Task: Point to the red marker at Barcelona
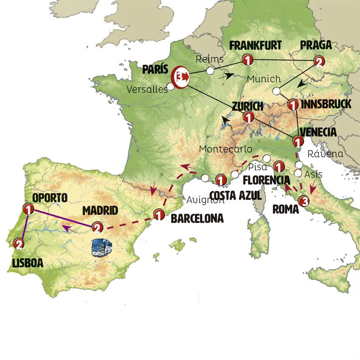(x=159, y=215)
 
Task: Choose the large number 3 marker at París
(x=181, y=75)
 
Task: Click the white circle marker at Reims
(x=210, y=71)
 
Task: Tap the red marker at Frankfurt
(x=247, y=60)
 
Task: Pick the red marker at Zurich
(x=248, y=118)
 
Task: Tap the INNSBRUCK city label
(x=326, y=104)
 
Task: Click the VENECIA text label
(x=318, y=132)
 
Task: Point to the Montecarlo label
(x=226, y=149)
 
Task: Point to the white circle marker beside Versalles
(x=171, y=86)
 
